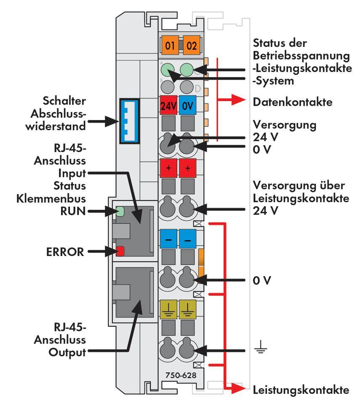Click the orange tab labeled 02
tap(191, 45)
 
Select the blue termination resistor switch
tap(129, 121)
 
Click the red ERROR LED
tap(120, 251)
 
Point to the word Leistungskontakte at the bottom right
tap(301, 390)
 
